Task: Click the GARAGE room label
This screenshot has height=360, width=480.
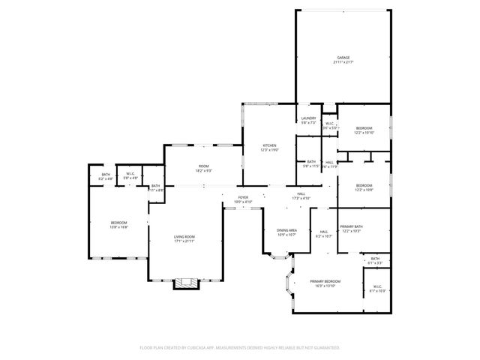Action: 343,57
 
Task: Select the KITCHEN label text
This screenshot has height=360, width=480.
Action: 268,145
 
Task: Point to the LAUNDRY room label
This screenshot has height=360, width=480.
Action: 308,118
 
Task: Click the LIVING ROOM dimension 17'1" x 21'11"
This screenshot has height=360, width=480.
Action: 184,241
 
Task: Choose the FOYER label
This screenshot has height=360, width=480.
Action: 243,197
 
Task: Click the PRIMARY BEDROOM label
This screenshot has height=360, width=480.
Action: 327,281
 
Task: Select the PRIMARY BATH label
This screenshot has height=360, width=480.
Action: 351,226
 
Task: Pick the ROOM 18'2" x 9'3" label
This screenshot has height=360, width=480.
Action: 203,166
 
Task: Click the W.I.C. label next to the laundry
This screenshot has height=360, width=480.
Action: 328,124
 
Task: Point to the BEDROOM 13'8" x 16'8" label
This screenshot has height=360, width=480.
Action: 119,222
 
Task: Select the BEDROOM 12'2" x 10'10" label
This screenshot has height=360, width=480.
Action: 364,128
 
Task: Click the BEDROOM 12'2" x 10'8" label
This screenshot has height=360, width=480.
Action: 364,185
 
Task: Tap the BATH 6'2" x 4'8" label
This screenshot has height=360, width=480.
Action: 106,175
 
